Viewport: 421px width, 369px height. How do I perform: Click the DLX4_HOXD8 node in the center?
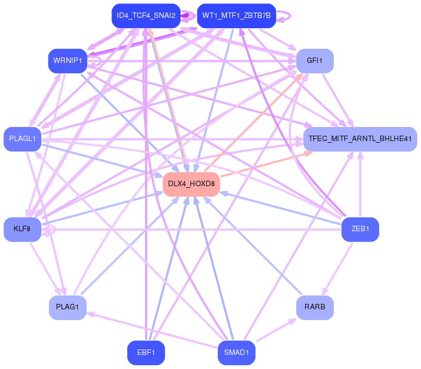click(x=191, y=184)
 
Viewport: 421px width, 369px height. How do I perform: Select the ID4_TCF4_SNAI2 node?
click(x=146, y=16)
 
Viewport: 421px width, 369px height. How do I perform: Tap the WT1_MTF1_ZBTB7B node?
click(x=237, y=16)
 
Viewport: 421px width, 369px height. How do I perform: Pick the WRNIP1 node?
click(x=67, y=60)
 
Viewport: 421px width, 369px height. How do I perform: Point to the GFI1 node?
click(x=314, y=60)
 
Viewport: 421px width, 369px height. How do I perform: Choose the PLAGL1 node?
click(x=22, y=139)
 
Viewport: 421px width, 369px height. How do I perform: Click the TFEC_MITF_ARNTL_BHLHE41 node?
click(x=360, y=139)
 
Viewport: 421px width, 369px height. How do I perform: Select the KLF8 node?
click(x=22, y=229)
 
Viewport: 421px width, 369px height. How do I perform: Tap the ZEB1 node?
click(x=360, y=229)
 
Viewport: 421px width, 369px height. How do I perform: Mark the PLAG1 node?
click(x=67, y=307)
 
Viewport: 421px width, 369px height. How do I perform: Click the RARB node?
click(x=314, y=307)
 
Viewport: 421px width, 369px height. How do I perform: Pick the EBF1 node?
click(x=146, y=353)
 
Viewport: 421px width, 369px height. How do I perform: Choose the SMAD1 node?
click(x=237, y=353)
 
